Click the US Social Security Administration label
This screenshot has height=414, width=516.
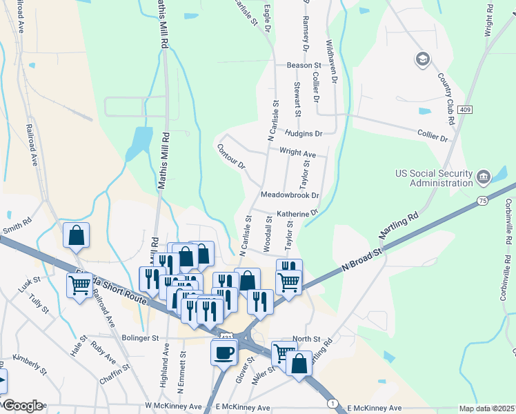(x=433, y=178)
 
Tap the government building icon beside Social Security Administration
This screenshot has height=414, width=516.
(x=484, y=178)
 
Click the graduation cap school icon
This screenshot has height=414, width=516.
(x=421, y=59)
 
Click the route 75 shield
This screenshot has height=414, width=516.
(x=482, y=201)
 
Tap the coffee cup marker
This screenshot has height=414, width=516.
(x=224, y=353)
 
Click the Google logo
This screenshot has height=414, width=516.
(x=22, y=406)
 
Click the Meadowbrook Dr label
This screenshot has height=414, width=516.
(x=290, y=196)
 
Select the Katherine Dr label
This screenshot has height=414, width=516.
(x=297, y=214)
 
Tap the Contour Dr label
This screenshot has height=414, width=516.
(x=231, y=157)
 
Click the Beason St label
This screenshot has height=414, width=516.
(x=305, y=66)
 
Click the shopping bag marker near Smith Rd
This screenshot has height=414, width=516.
(x=76, y=236)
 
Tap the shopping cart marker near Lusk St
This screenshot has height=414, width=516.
(x=79, y=285)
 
